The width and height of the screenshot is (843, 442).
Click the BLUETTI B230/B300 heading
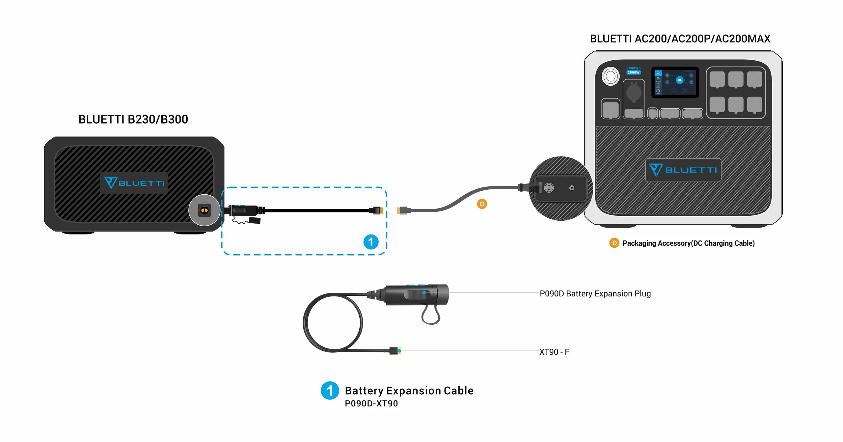pyautogui.click(x=133, y=119)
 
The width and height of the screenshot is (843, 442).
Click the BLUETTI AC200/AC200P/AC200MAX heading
pyautogui.click(x=680, y=39)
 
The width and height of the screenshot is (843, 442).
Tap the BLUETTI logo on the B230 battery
pyautogui.click(x=134, y=183)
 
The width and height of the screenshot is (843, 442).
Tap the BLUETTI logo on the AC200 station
pyautogui.click(x=683, y=170)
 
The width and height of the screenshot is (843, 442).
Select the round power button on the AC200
pyautogui.click(x=610, y=76)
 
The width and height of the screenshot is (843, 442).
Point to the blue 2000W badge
pyautogui.click(x=633, y=72)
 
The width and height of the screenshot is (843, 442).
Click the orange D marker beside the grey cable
pyautogui.click(x=482, y=204)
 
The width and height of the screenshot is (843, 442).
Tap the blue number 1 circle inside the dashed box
pyautogui.click(x=371, y=242)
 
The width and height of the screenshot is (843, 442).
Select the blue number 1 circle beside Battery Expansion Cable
pyautogui.click(x=330, y=391)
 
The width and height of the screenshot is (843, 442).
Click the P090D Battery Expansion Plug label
pyautogui.click(x=595, y=293)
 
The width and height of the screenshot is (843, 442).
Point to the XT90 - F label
pyautogui.click(x=554, y=352)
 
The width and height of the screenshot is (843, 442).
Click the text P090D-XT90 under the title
pyautogui.click(x=371, y=403)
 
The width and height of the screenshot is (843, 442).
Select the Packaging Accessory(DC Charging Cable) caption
pyautogui.click(x=688, y=243)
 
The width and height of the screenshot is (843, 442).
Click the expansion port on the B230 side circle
pyautogui.click(x=204, y=210)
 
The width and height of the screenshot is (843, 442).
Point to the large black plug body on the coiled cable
pyautogui.click(x=417, y=294)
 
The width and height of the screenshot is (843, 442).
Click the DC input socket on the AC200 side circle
pyautogui.click(x=549, y=188)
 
